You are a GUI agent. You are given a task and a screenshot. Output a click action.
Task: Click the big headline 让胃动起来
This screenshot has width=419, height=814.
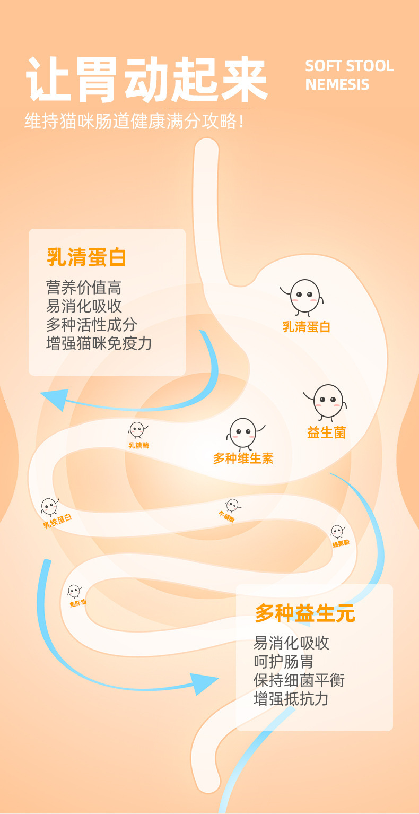coord(147,80)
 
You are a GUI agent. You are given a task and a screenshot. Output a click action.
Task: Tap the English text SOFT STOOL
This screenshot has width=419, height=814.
coord(349,66)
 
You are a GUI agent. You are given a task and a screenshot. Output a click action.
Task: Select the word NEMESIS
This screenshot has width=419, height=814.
coord(337,85)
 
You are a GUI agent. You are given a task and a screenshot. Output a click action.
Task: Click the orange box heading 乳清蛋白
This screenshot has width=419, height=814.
coord(86,257)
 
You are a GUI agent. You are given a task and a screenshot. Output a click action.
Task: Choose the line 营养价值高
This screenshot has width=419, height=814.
coord(84,288)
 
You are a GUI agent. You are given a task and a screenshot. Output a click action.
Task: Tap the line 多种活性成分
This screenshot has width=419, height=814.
coord(91,324)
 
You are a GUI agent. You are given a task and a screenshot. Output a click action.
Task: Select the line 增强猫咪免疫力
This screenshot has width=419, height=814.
coord(99,343)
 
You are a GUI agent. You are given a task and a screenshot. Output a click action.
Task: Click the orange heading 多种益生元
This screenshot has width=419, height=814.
coord(305,613)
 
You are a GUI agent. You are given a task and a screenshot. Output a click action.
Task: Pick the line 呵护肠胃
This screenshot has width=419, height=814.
coord(283,661)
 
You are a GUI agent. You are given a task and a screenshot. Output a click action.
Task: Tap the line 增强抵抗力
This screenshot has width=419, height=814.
coord(291,698)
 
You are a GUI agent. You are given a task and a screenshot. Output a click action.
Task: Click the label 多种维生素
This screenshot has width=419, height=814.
coord(243,458)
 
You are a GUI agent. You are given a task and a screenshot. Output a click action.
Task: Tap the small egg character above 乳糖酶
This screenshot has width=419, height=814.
coord(137,429)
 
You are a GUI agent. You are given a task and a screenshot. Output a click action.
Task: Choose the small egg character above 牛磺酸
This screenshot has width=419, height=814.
coord(231,505)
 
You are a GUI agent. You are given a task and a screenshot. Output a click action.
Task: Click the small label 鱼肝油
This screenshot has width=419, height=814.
coord(77,603)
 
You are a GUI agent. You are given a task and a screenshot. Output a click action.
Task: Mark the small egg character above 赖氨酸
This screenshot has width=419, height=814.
coord(337,531)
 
